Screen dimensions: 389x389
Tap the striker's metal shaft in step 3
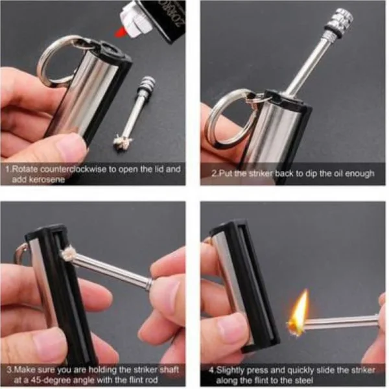tap(117, 268)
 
